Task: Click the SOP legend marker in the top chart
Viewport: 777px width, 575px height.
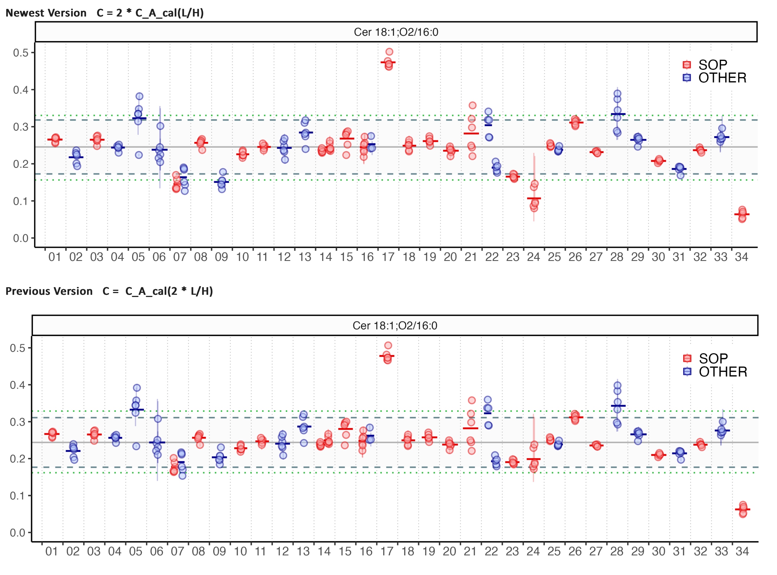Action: click(687, 65)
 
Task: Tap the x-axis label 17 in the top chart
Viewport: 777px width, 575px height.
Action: click(388, 257)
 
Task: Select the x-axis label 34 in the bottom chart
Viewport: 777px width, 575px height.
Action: click(742, 551)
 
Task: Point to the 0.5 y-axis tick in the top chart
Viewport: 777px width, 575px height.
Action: click(21, 53)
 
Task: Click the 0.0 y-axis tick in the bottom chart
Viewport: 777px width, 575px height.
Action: click(17, 533)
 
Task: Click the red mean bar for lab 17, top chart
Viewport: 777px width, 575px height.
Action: click(388, 62)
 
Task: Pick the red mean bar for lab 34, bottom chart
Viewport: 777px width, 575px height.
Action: click(743, 510)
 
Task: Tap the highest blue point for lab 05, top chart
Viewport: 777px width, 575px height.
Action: click(140, 96)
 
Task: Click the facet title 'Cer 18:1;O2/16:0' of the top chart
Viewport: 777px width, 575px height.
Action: click(396, 32)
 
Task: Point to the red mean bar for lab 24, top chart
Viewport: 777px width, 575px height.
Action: click(534, 198)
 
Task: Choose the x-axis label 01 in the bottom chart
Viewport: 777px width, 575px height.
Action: click(51, 551)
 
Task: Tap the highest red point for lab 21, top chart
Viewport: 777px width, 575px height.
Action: click(473, 105)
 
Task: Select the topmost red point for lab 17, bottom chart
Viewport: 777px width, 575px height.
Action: click(388, 345)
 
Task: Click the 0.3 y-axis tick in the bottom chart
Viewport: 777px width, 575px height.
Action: click(17, 422)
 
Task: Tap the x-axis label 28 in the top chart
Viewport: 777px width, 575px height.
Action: click(617, 257)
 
